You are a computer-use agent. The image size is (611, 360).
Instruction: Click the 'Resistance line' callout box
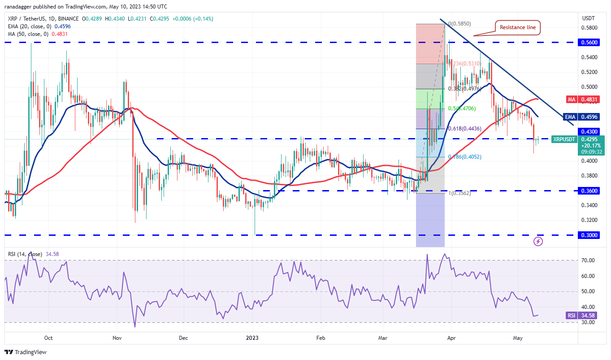(518, 27)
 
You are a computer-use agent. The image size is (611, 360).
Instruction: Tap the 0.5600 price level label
(589, 42)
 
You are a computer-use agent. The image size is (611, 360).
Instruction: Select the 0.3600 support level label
(589, 191)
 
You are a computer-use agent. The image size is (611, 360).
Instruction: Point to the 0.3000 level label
(589, 235)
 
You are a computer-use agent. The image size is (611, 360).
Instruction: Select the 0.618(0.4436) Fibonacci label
(465, 129)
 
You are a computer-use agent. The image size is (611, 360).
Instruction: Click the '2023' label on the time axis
(252, 338)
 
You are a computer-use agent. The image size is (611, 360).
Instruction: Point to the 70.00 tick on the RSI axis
(588, 260)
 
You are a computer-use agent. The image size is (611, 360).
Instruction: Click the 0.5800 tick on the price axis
(588, 27)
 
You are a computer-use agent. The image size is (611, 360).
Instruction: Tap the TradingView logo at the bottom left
(26, 352)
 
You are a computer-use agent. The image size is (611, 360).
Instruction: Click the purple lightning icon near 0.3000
(538, 241)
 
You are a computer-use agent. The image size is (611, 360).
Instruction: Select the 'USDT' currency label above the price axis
(588, 18)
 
